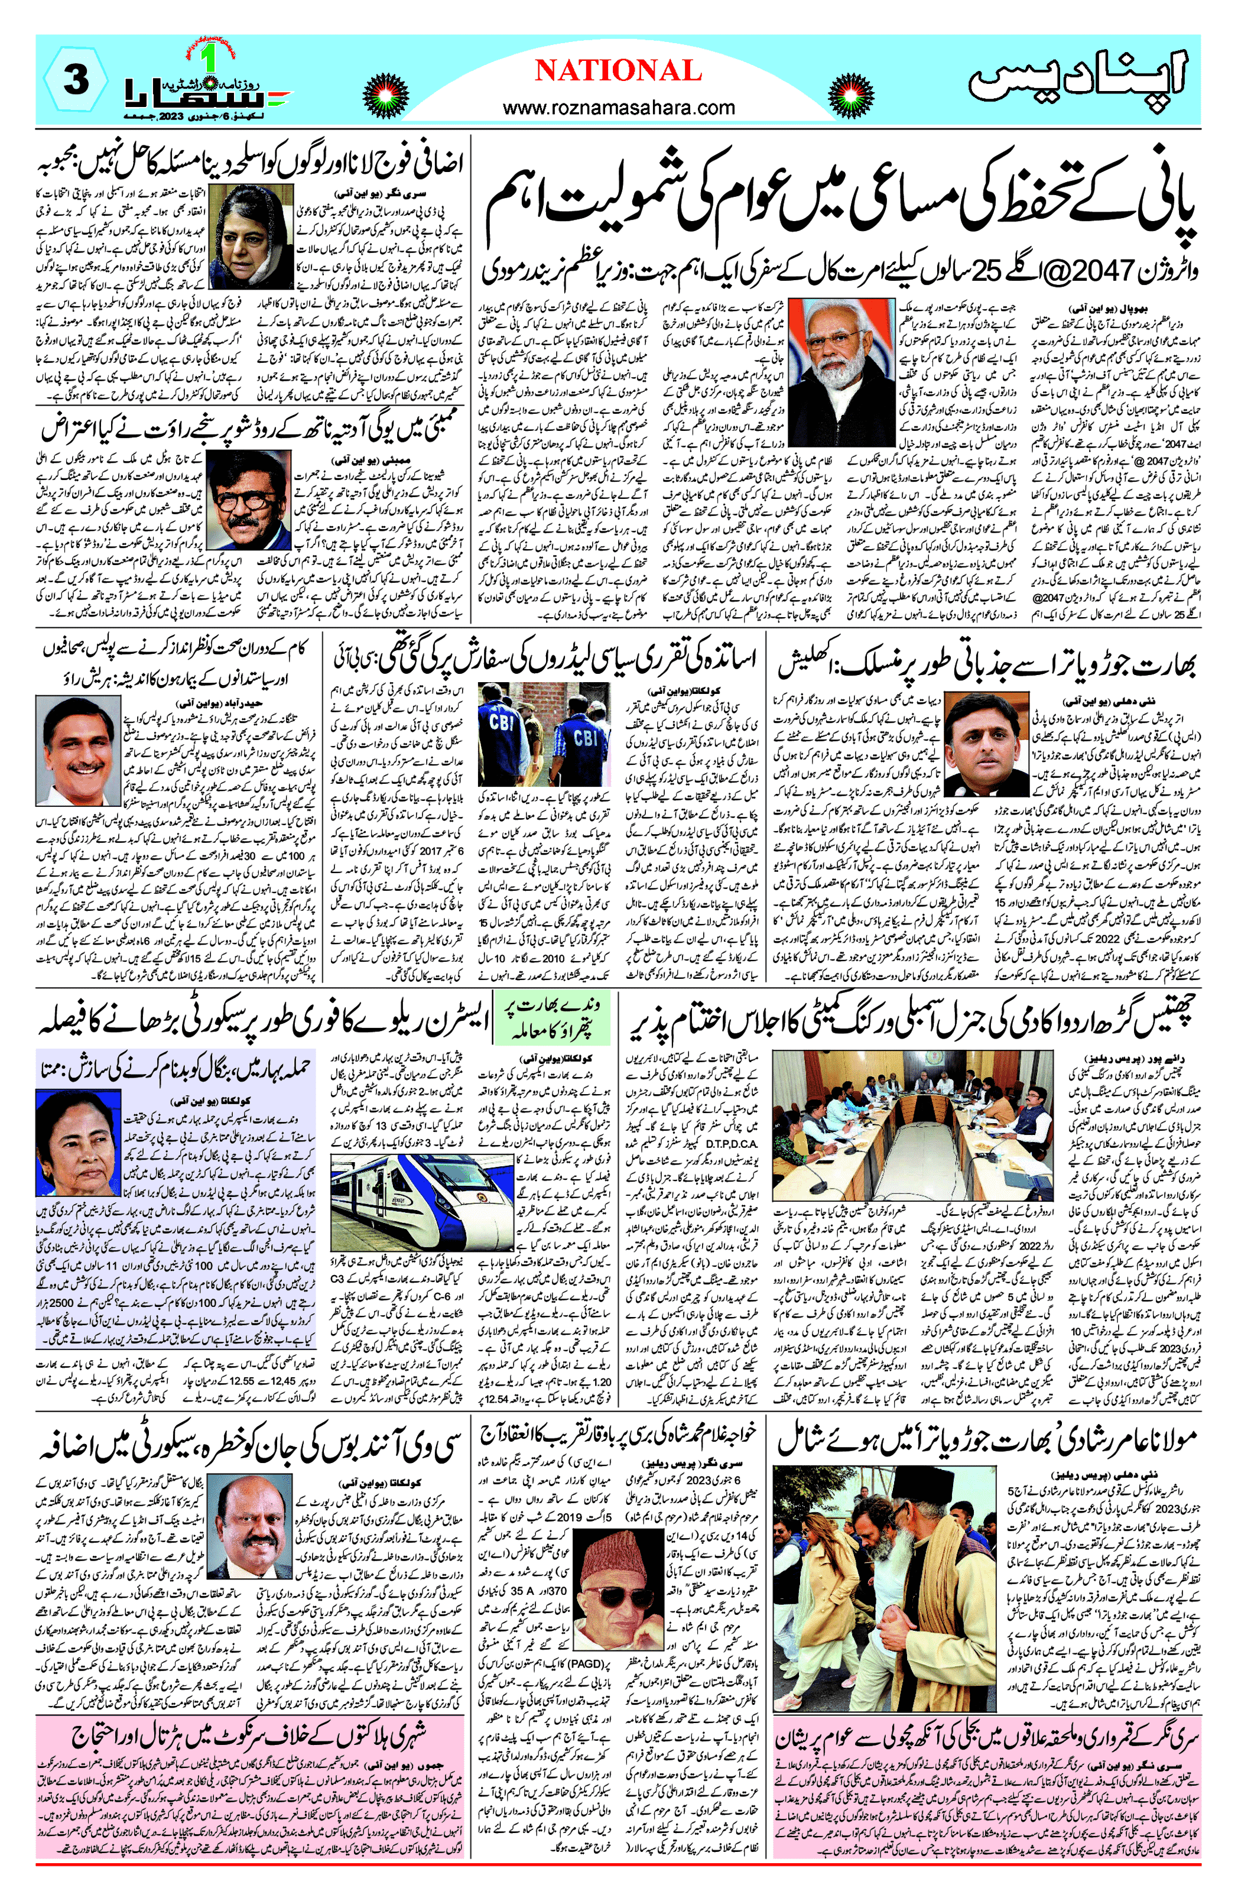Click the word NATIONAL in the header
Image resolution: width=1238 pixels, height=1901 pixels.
tap(618, 70)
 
